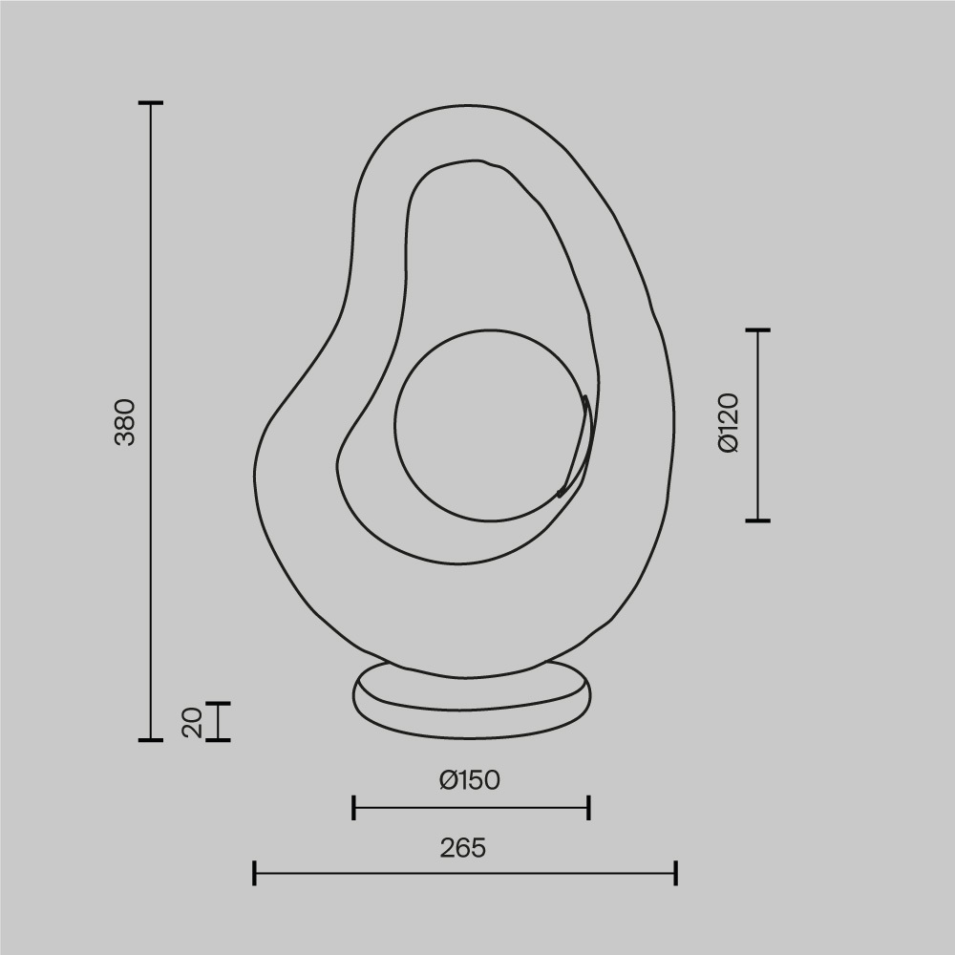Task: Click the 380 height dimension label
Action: coord(126,421)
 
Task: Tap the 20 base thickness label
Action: coord(192,722)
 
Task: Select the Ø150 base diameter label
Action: coord(470,780)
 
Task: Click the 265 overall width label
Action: coord(463,847)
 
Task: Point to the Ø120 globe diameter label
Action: coord(728,422)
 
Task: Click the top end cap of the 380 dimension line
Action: coord(151,102)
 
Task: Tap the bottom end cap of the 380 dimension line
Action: coord(151,739)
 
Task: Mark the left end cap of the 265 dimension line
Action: coord(255,872)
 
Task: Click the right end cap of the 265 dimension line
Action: coord(675,872)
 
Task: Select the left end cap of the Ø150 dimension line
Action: coord(354,807)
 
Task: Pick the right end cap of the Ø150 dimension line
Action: coord(588,807)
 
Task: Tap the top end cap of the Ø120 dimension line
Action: coord(757,329)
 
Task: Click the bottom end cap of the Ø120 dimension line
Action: coord(757,520)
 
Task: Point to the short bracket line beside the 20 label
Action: coord(219,721)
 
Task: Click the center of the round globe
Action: coord(490,425)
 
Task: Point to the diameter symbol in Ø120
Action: coord(728,445)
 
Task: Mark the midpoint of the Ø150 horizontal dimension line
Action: coord(472,807)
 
